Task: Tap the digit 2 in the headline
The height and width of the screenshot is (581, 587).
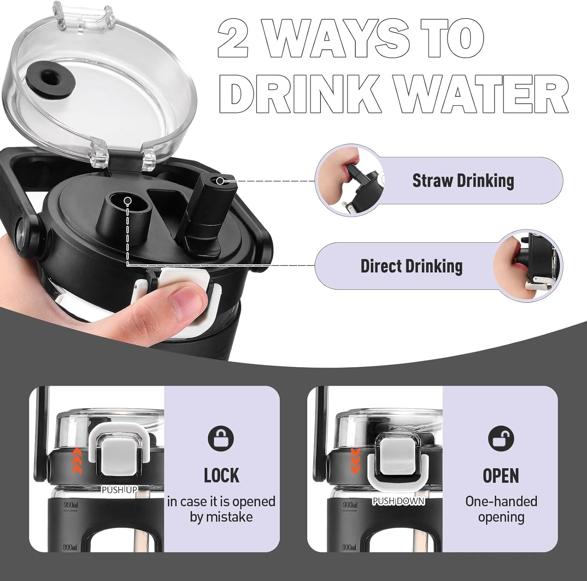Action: click(x=233, y=38)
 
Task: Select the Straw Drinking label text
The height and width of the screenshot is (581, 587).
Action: click(x=463, y=181)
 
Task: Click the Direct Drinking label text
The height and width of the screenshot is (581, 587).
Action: click(x=411, y=266)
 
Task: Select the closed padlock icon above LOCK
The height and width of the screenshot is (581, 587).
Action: click(x=221, y=438)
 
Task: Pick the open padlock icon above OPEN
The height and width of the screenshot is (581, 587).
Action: click(x=501, y=438)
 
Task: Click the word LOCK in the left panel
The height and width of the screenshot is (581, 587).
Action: click(x=221, y=476)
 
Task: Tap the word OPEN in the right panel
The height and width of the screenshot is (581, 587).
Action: click(x=501, y=476)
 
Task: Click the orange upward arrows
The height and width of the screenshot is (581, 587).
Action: click(x=77, y=460)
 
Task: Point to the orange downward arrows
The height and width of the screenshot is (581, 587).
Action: click(x=355, y=460)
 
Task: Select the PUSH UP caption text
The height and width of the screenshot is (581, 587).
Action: click(x=119, y=490)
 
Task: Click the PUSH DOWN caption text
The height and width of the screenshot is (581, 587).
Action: click(x=398, y=501)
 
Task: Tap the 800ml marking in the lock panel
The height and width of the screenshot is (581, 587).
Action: click(x=70, y=547)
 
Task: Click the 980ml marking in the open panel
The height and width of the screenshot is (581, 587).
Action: click(x=350, y=505)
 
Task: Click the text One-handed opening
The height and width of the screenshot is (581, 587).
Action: click(x=501, y=509)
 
